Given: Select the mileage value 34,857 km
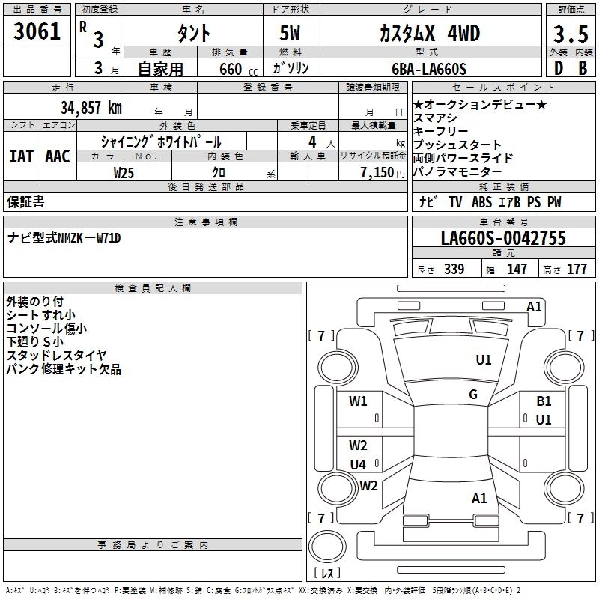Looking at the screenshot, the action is tap(91, 108).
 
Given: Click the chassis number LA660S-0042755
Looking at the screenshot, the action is tap(503, 239).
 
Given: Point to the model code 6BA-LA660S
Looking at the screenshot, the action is tap(429, 69).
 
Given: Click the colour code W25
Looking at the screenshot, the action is tap(124, 172).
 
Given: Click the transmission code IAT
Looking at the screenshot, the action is tap(21, 156).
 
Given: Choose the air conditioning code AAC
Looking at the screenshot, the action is tap(58, 156).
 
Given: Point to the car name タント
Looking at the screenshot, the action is tap(192, 34).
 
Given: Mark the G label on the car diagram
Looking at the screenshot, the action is tap(473, 395).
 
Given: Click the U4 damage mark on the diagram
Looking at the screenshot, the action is tap(358, 464).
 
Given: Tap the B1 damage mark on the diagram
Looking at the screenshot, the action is tap(544, 401).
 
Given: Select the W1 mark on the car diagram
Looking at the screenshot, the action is tap(358, 401).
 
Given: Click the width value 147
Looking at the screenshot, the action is tap(517, 270).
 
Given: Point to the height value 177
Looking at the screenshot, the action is tap(577, 270).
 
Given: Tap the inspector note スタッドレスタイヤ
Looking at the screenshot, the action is tap(56, 355).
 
